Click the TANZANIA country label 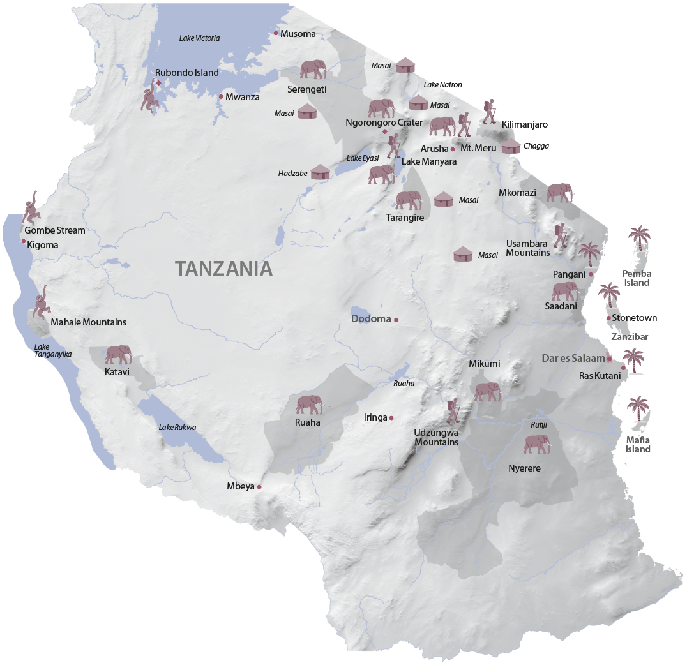(224, 269)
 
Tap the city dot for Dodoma (396, 319)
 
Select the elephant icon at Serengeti (313, 70)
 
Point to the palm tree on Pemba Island (638, 239)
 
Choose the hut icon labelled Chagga (511, 147)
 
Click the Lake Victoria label (199, 38)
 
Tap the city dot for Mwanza (221, 97)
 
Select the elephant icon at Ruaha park (310, 405)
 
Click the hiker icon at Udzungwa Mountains (453, 412)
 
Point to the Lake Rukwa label (177, 428)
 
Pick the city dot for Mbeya (259, 487)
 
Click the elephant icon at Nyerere (536, 444)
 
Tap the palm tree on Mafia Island (637, 411)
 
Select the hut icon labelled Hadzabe (320, 172)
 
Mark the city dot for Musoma (276, 33)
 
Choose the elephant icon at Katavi (118, 354)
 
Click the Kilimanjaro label (525, 124)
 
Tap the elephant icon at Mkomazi (560, 192)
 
